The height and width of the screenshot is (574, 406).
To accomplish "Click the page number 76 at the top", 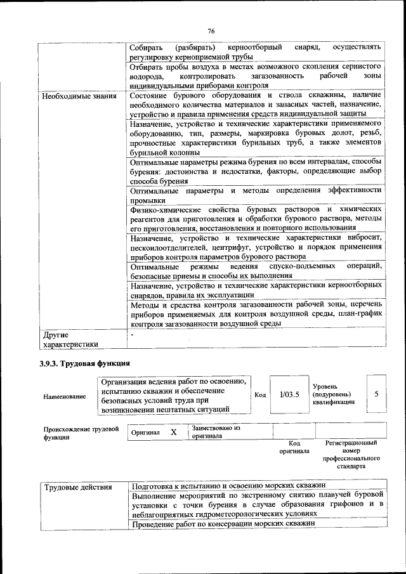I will pyautogui.click(x=211, y=30).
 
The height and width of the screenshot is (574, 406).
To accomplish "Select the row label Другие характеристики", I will pyautogui.click(x=70, y=339).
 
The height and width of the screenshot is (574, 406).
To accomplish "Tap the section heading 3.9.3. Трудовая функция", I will pyautogui.click(x=84, y=364).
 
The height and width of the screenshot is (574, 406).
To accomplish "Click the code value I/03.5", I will pyautogui.click(x=289, y=395).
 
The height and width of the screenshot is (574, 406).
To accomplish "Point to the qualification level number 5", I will pyautogui.click(x=376, y=394).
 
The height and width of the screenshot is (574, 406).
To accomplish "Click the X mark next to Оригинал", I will pyautogui.click(x=173, y=432).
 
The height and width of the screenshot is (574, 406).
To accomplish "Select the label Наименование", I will pyautogui.click(x=64, y=396).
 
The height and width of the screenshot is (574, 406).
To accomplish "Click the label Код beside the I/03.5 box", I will pyautogui.click(x=260, y=395).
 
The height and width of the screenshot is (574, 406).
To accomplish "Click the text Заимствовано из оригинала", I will pyautogui.click(x=216, y=432).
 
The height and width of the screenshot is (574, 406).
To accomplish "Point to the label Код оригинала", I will pyautogui.click(x=294, y=447).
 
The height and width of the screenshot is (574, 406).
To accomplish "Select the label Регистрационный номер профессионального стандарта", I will pyautogui.click(x=351, y=454).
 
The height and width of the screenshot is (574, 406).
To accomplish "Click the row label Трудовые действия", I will pyautogui.click(x=77, y=487).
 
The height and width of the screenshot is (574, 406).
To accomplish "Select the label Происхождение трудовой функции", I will pyautogui.click(x=81, y=433).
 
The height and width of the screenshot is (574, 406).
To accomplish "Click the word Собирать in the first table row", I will pyautogui.click(x=146, y=48).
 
